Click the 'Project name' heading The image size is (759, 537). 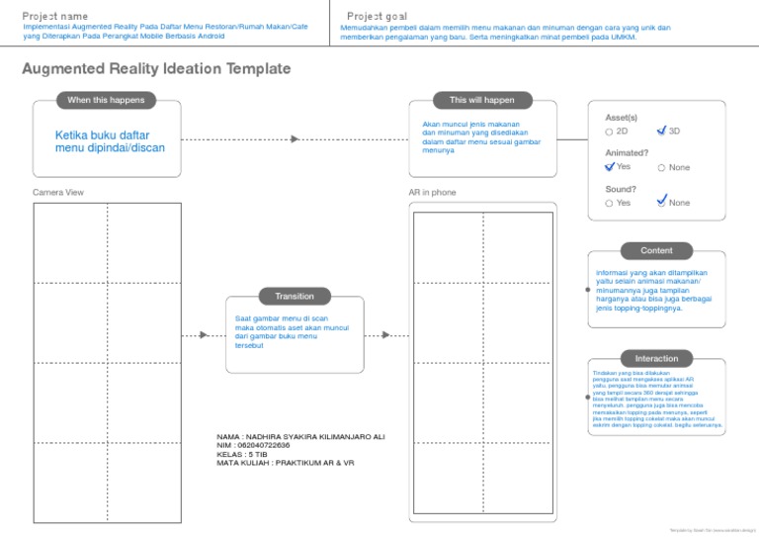point(55,16)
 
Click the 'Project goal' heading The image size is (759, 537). point(377,16)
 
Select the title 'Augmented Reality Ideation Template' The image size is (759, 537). point(156,68)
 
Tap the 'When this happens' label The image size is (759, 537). point(106,100)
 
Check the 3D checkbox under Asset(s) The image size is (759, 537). point(662,131)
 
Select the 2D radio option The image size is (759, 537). point(609,132)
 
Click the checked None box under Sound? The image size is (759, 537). point(662,202)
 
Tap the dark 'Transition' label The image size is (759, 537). point(295,296)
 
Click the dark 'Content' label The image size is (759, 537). point(656,250)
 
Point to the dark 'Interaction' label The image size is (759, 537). point(656,358)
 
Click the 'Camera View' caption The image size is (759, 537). point(58,192)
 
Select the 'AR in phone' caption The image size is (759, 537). point(433,192)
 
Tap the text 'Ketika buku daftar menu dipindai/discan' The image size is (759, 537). point(110,141)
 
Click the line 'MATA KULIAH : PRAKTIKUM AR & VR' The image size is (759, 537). point(285,463)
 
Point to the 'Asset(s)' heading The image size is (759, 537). point(621,117)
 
